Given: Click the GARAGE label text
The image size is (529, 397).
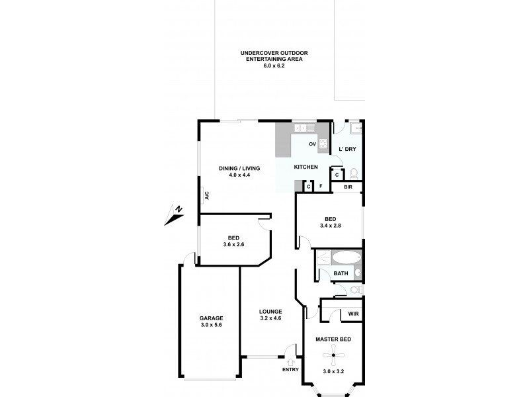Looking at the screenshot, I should click(211, 318).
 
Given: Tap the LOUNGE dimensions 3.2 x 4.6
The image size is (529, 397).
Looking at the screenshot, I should click(271, 318).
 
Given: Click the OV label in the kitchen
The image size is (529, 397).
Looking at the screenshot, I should click(312, 144).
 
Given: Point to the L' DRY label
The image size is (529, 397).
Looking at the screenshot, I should click(347, 149).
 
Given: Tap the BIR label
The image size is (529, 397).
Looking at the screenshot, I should click(348, 188).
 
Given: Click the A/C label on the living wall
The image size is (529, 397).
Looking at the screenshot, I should click(206, 195).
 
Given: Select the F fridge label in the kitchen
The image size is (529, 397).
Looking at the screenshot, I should click(321, 187).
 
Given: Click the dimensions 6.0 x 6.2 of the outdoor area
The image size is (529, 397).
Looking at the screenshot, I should click(274, 67).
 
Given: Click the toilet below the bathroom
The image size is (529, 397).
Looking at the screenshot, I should click(354, 290).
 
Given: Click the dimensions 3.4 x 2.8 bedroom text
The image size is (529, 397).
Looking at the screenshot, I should click(331, 226).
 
